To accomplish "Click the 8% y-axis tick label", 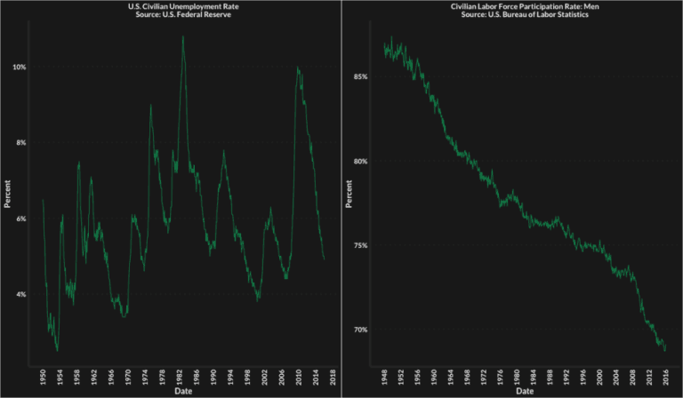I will (x=19, y=143).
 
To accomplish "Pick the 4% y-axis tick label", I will (x=19, y=294).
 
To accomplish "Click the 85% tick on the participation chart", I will (x=359, y=77).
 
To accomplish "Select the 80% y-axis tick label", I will (x=359, y=162).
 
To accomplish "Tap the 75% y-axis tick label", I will (x=359, y=246).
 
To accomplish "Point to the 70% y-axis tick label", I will (x=359, y=330).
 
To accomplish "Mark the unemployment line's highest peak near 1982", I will (x=183, y=36).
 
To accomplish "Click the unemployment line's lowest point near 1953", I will (x=58, y=351).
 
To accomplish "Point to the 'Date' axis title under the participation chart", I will (x=525, y=390).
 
